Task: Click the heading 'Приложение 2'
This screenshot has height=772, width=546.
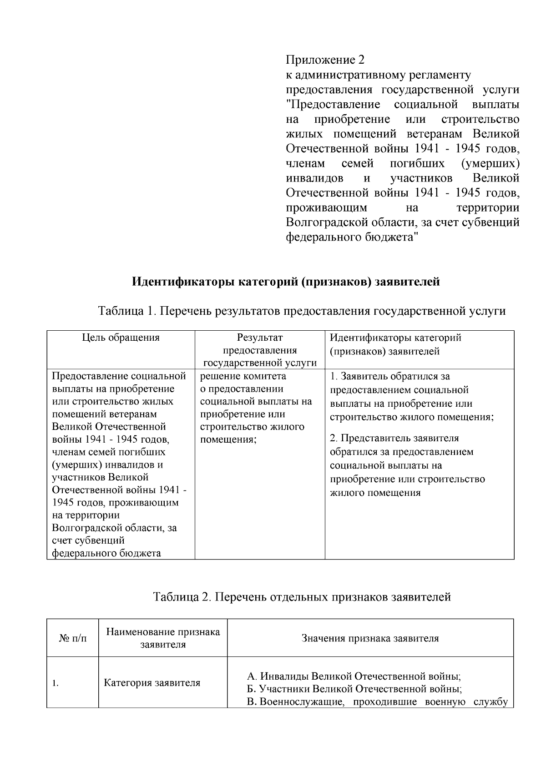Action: pos(325,60)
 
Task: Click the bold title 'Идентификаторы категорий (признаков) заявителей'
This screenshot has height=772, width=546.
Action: pos(286,282)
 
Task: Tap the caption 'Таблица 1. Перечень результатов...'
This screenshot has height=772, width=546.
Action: pos(302,311)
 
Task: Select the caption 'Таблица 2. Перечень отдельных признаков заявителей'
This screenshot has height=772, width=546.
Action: pos(302,596)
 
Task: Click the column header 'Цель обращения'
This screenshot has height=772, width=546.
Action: pos(121,338)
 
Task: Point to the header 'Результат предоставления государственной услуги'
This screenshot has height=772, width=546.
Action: pos(260,350)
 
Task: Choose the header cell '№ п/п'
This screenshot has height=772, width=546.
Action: pos(72,638)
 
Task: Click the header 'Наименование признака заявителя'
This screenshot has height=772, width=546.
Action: pos(163,638)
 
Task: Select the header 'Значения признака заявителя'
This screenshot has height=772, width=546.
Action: pos(370,638)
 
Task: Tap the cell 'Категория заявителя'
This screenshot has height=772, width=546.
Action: pos(152,683)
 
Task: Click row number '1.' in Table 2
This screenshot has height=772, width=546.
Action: pos(55,683)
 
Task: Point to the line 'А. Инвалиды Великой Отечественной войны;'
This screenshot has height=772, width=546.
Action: pos(354,675)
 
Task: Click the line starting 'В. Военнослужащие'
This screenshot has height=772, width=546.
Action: pos(377,701)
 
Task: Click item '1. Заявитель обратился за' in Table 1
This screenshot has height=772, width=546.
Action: pos(390,377)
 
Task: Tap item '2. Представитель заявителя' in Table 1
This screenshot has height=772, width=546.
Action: pos(394,438)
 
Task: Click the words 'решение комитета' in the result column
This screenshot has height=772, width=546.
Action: pos(243,376)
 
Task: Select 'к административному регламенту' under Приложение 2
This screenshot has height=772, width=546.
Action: pos(378,75)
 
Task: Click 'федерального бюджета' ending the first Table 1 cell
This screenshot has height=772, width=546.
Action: pos(106,553)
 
